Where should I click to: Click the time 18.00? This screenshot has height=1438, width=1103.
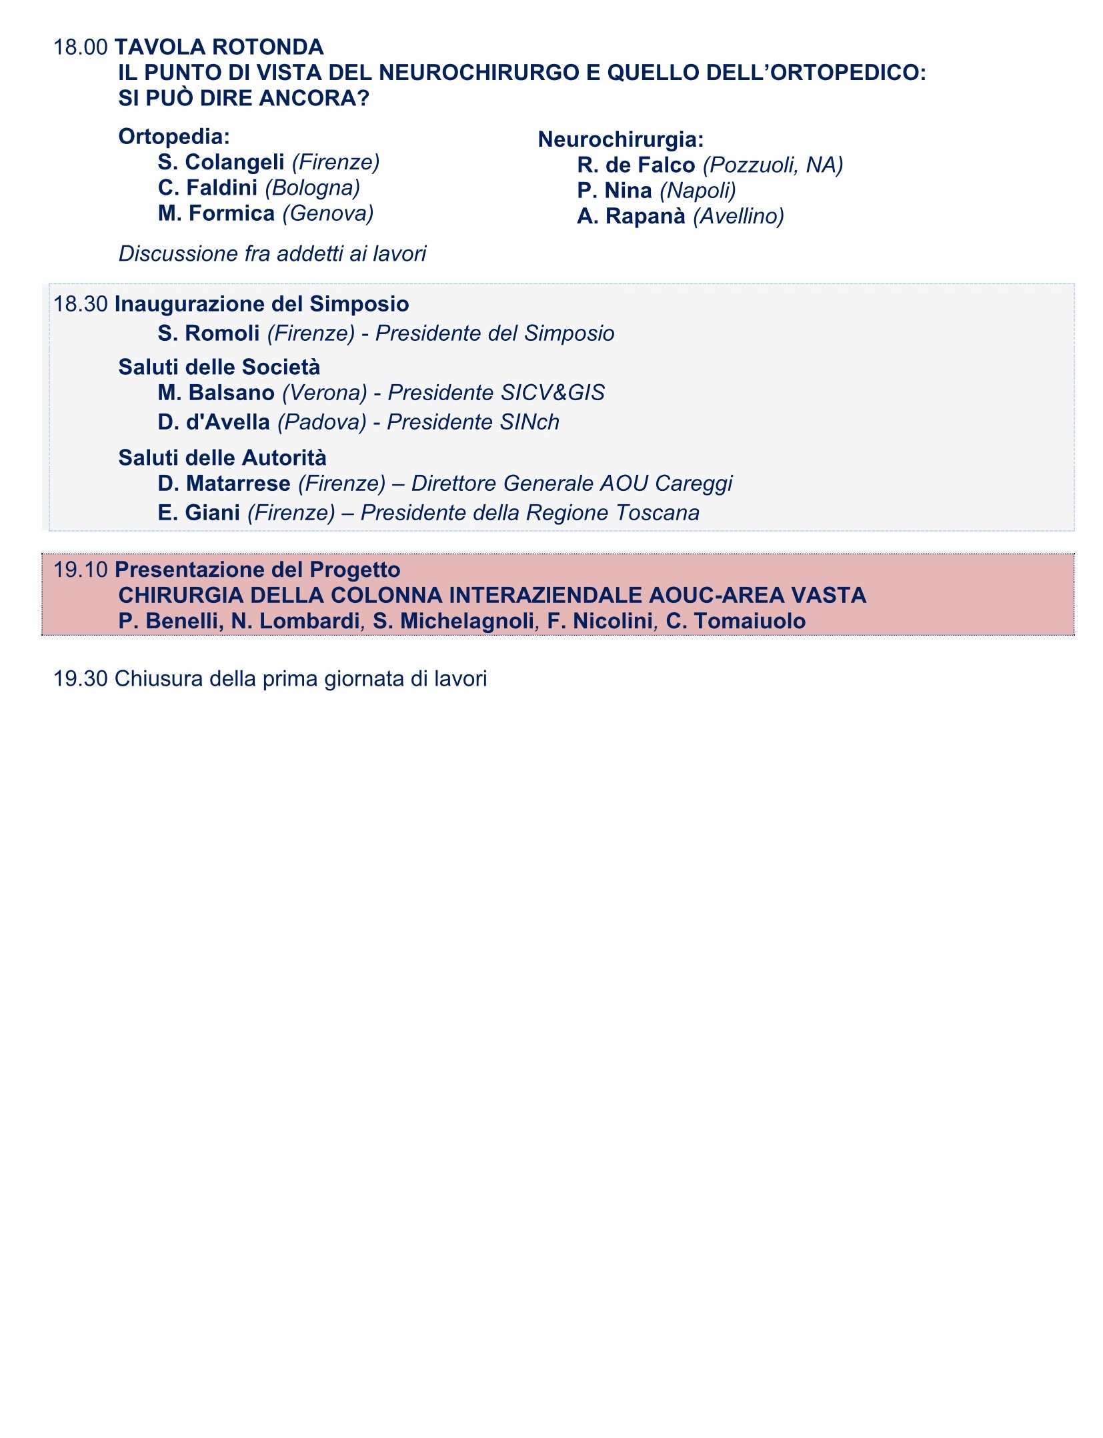point(80,47)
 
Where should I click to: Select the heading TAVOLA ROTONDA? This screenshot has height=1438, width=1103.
point(219,47)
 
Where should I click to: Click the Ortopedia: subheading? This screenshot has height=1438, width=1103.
point(174,137)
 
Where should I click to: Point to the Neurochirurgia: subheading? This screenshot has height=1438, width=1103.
point(621,139)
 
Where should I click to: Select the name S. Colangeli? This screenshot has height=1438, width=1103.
point(221,162)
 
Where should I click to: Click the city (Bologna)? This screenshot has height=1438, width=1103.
point(312,188)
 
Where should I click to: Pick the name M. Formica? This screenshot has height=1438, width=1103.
point(216,213)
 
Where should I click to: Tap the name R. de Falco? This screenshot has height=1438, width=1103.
point(636,165)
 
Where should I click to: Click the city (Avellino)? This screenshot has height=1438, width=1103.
point(738,216)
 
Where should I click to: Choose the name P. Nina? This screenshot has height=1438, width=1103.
point(614,191)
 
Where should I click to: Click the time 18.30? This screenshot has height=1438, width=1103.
point(80,304)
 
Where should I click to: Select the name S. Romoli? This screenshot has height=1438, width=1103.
point(208,333)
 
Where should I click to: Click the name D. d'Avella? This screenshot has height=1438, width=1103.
point(213,422)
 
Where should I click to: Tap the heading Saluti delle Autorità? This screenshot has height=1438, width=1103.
point(222,458)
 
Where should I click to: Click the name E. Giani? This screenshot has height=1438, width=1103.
point(199,513)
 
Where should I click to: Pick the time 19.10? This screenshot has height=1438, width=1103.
point(80,570)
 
